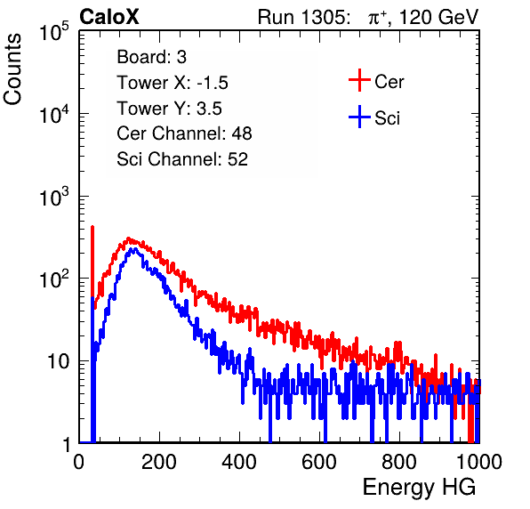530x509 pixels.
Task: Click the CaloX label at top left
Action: pyautogui.click(x=109, y=17)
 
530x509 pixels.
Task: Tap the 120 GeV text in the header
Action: pyautogui.click(x=439, y=17)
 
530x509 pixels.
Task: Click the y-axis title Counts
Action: pyautogui.click(x=12, y=69)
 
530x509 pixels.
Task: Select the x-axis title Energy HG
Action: pyautogui.click(x=419, y=488)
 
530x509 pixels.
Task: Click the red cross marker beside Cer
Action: pyautogui.click(x=359, y=80)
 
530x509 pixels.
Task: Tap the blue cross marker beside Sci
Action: pyautogui.click(x=359, y=117)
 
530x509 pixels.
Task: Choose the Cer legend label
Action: pyautogui.click(x=389, y=82)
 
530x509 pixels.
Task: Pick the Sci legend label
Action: pyautogui.click(x=388, y=118)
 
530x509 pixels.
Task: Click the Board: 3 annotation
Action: pyautogui.click(x=152, y=57)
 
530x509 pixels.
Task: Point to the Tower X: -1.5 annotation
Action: pyautogui.click(x=173, y=83)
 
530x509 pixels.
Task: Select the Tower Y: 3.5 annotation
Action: pyautogui.click(x=169, y=109)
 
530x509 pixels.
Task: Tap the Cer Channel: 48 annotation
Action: pyautogui.click(x=184, y=133)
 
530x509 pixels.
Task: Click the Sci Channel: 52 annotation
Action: pyautogui.click(x=182, y=159)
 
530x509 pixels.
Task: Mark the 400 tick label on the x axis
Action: pyautogui.click(x=239, y=462)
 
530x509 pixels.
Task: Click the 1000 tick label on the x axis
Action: pyautogui.click(x=479, y=462)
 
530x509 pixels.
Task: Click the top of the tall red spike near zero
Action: pyautogui.click(x=92, y=227)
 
